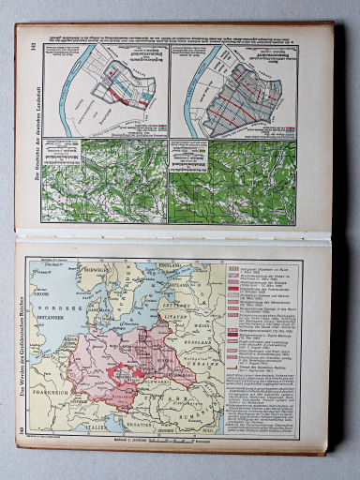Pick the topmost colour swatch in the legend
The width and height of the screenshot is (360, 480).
click(235, 266)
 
